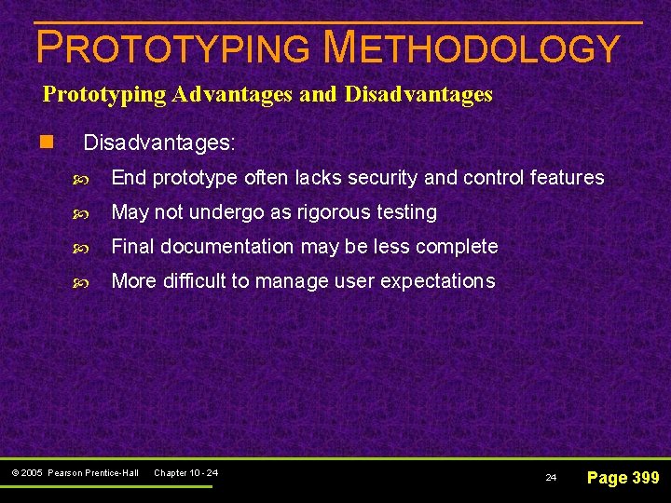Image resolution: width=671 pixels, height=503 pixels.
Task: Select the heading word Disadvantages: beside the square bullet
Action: pos(159,143)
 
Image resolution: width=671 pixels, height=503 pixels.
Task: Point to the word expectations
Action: pos(438,281)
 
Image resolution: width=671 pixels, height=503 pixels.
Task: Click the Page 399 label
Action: pos(622,478)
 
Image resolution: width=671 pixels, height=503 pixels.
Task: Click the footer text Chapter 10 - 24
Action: pos(185,473)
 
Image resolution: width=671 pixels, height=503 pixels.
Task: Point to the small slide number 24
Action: pos(550,478)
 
